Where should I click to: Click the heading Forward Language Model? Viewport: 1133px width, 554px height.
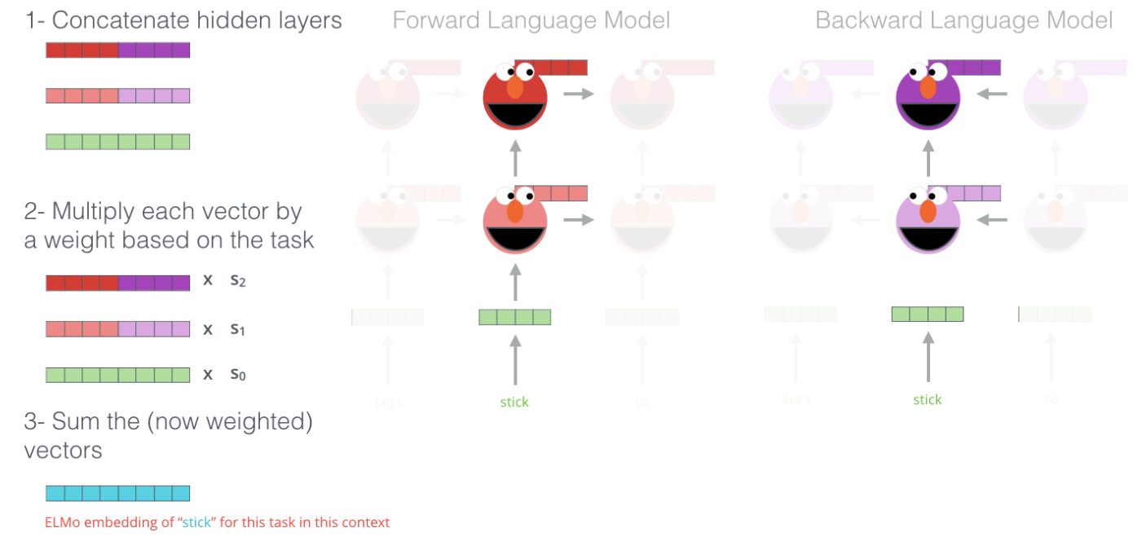531,20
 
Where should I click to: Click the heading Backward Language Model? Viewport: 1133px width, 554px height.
963,20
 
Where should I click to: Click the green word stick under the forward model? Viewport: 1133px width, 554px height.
514,402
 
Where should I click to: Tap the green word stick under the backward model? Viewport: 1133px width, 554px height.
928,399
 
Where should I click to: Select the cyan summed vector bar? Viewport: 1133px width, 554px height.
117,493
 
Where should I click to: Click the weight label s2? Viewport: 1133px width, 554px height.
237,282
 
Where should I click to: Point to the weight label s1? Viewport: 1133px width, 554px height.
237,329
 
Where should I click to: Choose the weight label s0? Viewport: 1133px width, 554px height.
237,375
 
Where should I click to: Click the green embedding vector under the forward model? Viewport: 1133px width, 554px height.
514,317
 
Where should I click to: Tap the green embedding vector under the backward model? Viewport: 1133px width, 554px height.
928,314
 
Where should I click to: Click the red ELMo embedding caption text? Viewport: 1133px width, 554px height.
217,522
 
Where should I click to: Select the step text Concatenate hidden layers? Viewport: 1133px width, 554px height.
183,20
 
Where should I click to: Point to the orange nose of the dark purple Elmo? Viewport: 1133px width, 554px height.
928,87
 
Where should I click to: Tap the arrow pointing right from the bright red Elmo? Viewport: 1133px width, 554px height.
578,95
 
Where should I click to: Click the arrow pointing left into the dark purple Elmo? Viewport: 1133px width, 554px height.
991,95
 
